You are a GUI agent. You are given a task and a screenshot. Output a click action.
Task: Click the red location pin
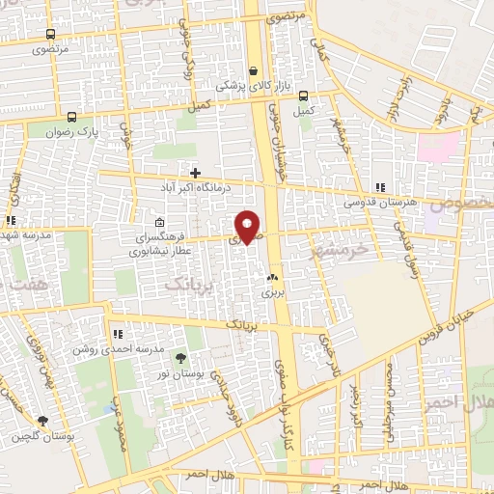click(x=248, y=227)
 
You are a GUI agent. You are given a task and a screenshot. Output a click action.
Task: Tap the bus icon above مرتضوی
click(x=49, y=34)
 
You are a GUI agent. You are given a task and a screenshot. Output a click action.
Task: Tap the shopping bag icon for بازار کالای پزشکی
click(x=254, y=70)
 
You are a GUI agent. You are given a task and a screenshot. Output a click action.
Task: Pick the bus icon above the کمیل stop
click(x=304, y=96)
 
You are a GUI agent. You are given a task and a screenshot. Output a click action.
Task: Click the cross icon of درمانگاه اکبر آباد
click(x=195, y=172)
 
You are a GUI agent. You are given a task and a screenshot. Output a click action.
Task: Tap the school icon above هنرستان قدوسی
click(x=381, y=187)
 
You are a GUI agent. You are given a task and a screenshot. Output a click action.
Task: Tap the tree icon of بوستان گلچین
click(x=42, y=421)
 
